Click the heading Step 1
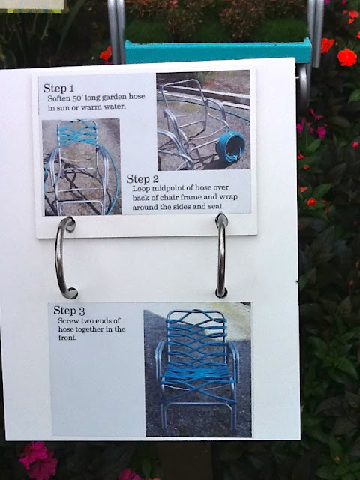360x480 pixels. coord(58,88)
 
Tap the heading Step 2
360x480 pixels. coord(142,179)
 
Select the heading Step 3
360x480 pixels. coord(69,310)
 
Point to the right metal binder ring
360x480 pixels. coord(221,256)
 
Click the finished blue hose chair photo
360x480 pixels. coord(198,369)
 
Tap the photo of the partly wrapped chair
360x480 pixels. coord(82,167)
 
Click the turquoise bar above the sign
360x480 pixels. coord(217,50)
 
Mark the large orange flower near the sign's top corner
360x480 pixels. coord(346,57)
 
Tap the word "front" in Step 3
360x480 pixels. coord(67,337)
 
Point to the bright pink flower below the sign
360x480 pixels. coord(37,460)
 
